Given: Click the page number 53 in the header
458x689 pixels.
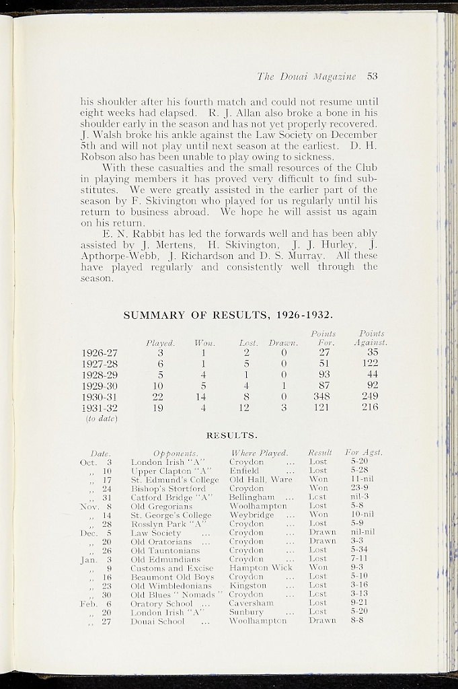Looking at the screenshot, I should (372, 76).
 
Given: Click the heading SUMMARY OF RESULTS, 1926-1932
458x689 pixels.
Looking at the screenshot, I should (229, 315).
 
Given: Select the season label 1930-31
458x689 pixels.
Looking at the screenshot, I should (100, 396).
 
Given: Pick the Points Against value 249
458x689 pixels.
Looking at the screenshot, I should (369, 396).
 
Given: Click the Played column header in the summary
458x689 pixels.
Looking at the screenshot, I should (161, 342).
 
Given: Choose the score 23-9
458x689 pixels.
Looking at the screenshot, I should (359, 488).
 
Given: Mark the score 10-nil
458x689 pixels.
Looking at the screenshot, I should (362, 515).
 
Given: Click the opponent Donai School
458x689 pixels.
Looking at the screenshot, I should (157, 621).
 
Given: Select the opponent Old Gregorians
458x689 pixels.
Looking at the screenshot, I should (161, 506).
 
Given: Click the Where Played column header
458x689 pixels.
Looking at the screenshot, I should (259, 453).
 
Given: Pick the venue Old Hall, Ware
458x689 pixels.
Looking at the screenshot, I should (261, 480).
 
